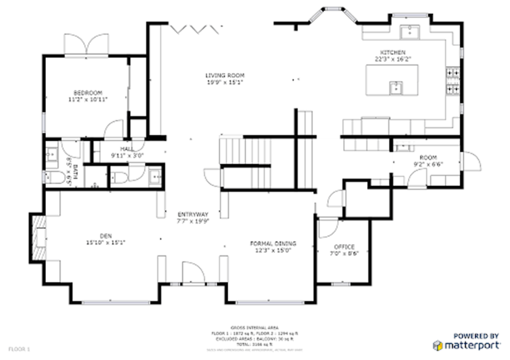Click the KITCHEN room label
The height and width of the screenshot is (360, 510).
tap(393, 52)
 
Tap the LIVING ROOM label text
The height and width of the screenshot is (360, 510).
tap(224, 76)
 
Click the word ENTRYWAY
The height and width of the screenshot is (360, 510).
tap(193, 215)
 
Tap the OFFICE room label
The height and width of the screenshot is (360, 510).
tap(344, 247)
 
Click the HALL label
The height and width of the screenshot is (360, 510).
tap(126, 148)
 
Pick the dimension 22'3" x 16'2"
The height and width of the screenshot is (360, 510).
tap(393, 59)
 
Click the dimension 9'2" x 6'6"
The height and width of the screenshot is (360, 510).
tap(428, 164)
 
